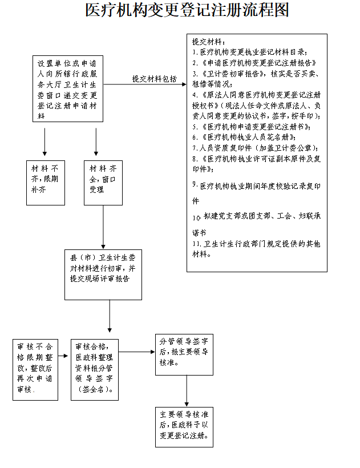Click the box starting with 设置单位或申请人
click(x=67, y=89)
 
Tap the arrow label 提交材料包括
click(x=154, y=79)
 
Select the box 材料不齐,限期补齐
click(x=46, y=183)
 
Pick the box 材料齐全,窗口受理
click(x=103, y=183)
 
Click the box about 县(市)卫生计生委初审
click(x=103, y=274)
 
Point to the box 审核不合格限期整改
click(x=35, y=369)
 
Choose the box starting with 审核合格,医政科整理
click(x=94, y=369)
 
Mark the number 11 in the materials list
click(x=196, y=244)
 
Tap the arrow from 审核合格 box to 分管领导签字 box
click(x=136, y=352)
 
